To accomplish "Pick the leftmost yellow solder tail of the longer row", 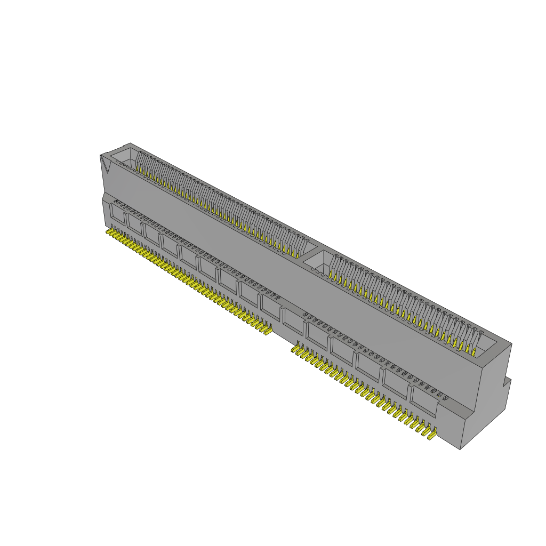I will pos(109,232).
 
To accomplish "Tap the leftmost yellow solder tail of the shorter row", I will pos(294,349).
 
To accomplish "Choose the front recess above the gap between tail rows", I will pos(292,320).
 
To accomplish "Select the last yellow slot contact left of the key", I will pos(298,253).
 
